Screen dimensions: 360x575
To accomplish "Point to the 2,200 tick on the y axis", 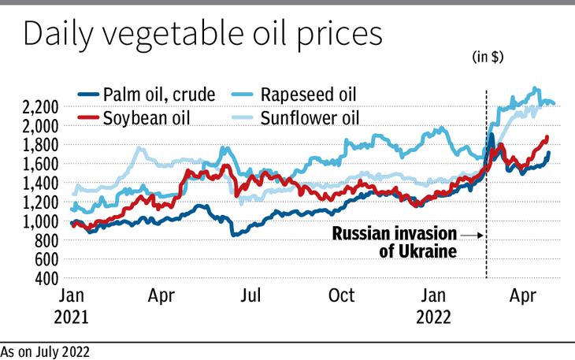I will tap(38, 107).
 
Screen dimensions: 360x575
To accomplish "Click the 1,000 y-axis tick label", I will tap(38, 221).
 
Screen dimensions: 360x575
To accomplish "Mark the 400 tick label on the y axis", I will tap(46, 279).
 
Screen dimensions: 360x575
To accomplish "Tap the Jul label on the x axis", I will tap(250, 297).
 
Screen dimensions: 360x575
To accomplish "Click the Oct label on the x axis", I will tap(341, 297).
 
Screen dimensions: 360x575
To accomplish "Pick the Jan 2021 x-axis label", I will tap(73, 307).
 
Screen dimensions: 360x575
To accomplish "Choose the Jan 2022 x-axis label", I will tap(434, 307).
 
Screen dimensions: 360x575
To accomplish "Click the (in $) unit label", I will tap(488, 57).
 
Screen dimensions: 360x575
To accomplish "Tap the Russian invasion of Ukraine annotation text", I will tap(394, 243).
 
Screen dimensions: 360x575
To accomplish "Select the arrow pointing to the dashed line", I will tap(470, 235).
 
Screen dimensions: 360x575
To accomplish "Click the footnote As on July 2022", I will tap(45, 352).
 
